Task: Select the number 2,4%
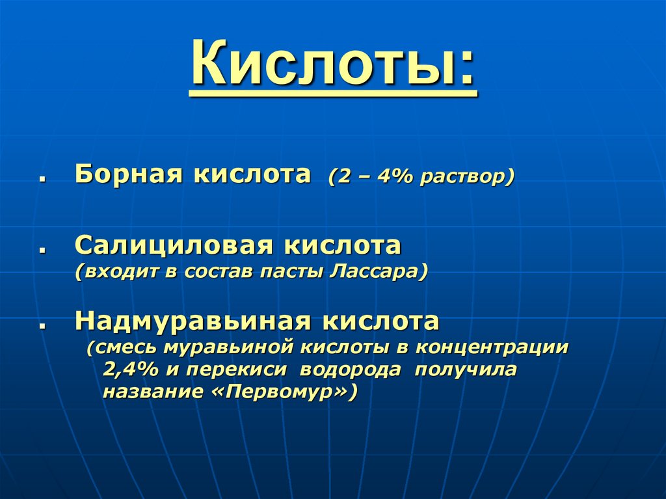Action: pos(129,370)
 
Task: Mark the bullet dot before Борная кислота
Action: pos(41,179)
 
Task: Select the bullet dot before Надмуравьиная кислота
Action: pos(41,325)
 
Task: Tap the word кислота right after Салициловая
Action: pos(341,246)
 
